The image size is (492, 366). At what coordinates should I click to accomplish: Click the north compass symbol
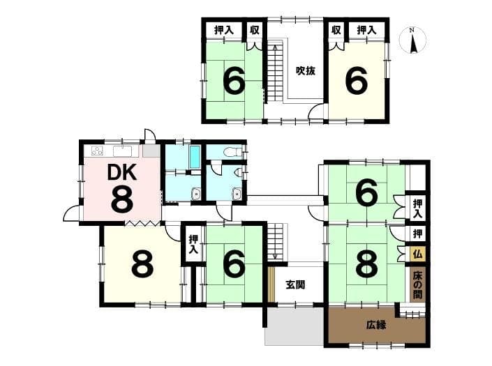pos(412,40)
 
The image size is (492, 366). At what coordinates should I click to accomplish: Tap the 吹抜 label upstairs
pos(305,71)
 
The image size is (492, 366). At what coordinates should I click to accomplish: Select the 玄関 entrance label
pos(295,285)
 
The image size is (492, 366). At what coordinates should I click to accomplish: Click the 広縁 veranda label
pos(376,326)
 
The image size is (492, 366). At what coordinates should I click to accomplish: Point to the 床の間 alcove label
pos(417,285)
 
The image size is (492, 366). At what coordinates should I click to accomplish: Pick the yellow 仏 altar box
pos(417,254)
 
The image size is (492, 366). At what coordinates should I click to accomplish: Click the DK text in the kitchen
pos(121,172)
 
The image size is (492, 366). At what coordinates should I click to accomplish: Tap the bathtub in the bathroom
pos(195,157)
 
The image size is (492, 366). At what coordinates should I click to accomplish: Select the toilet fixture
pos(232,152)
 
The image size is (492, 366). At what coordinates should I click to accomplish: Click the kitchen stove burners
pos(97,151)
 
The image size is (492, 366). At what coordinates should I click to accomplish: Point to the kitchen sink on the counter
pos(124,151)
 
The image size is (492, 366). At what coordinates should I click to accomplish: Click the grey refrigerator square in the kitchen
pos(151,151)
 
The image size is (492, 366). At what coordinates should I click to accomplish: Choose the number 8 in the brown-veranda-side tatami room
pos(367,264)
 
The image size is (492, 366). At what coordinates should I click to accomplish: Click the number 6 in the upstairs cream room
pos(357,81)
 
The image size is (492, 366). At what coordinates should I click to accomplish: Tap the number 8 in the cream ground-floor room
pos(143,263)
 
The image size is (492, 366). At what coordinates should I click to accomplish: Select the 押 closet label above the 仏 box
pos(417,234)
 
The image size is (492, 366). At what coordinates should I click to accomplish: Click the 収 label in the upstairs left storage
pos(255,30)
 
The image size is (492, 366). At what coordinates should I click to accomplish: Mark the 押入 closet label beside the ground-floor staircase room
pos(193,245)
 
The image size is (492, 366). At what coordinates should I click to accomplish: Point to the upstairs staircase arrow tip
pos(275,45)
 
